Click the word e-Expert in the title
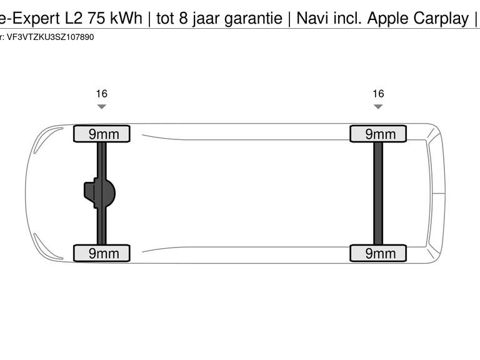(x=30, y=18)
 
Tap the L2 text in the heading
(x=74, y=18)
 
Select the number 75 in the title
(x=96, y=18)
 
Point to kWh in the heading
(x=126, y=18)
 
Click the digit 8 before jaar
(x=183, y=18)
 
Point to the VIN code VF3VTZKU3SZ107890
(x=50, y=37)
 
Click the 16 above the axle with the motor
(x=102, y=94)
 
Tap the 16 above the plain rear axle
(x=378, y=94)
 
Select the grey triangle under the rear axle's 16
(x=378, y=106)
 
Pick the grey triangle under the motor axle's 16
(x=102, y=106)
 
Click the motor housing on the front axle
(x=99, y=193)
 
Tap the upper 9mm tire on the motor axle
(x=102, y=134)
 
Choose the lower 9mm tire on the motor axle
(x=102, y=253)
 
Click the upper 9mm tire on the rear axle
(x=378, y=134)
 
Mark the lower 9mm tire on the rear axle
(x=378, y=253)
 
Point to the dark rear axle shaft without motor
(x=378, y=194)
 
